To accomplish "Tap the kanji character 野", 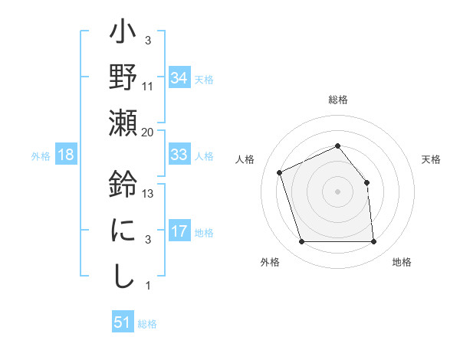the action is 123,80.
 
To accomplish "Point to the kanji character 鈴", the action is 123,187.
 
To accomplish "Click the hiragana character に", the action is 123,231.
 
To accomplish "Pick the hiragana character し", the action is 123,275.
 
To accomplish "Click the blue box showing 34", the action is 179,78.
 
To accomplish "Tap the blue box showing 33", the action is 179,155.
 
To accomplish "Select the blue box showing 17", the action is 179,231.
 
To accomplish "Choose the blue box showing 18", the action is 66,155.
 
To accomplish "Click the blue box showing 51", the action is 123,322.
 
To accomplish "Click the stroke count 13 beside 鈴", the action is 149,194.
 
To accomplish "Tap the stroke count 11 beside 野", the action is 148,87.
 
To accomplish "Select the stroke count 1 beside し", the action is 147,286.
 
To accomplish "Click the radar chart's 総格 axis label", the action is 337,100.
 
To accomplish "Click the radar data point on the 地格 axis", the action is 373,242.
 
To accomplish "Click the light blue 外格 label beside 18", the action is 40,156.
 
